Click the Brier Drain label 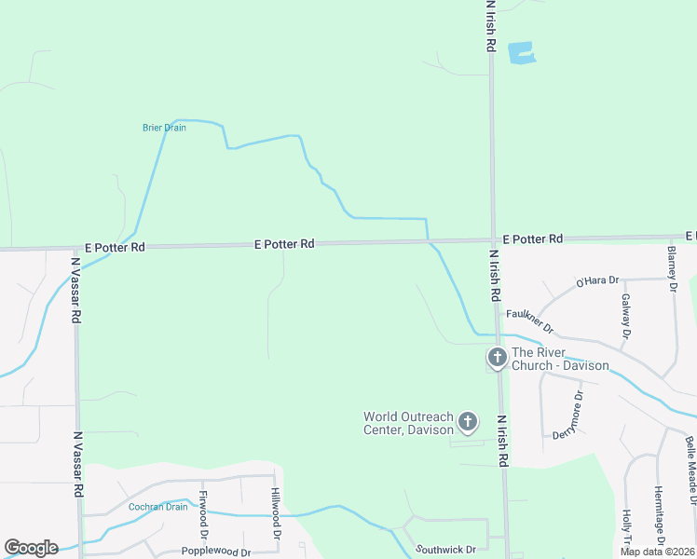coord(164,128)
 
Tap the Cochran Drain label coord(158,507)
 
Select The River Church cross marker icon coord(498,357)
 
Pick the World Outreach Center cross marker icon coord(468,423)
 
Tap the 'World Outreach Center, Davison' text coord(408,423)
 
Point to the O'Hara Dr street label coord(597,281)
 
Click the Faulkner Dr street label coord(530,321)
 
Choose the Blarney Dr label coord(672,267)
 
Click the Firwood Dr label coord(203,513)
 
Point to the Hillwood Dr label coord(276,514)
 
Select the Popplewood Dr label coord(216,552)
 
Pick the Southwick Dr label coord(445,550)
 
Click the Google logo coord(31,548)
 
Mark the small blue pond coord(522,52)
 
